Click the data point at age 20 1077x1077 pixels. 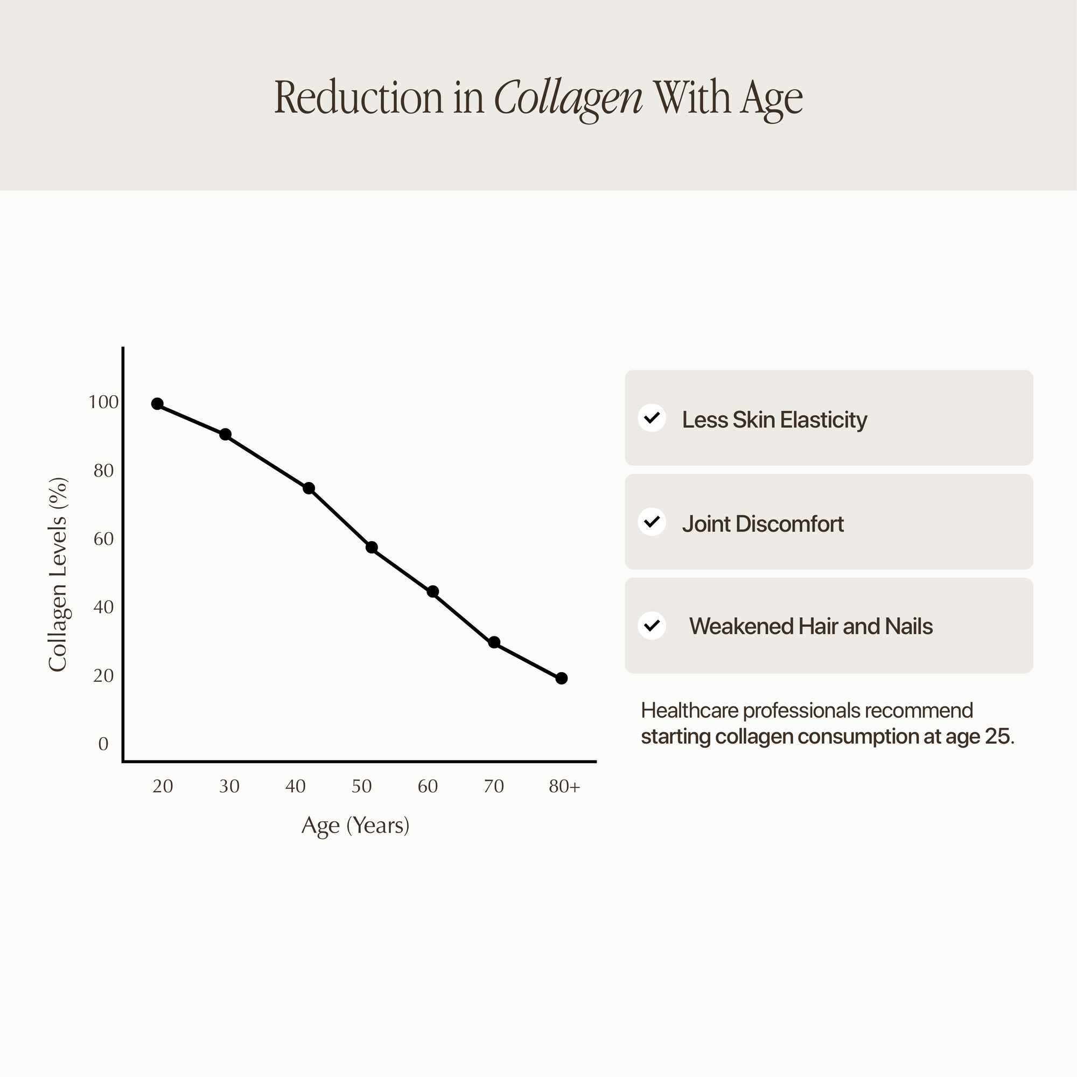click(x=157, y=403)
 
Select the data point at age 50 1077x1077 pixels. click(x=372, y=548)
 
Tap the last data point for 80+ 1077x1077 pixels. click(x=561, y=678)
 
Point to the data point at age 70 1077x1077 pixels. click(x=494, y=642)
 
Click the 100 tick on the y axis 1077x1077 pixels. click(x=104, y=402)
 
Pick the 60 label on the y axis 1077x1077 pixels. click(x=104, y=538)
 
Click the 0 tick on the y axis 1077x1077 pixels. click(x=103, y=744)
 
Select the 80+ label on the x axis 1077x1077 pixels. click(x=564, y=786)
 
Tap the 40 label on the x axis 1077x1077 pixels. click(x=296, y=786)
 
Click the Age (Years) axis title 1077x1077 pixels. click(x=355, y=825)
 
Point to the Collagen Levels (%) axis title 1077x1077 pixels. click(x=58, y=574)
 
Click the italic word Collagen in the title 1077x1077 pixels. click(x=568, y=98)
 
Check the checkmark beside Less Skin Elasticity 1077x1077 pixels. click(x=652, y=417)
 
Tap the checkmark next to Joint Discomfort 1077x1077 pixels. click(x=652, y=522)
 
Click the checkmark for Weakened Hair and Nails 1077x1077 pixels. click(x=652, y=625)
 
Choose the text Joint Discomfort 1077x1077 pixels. click(x=763, y=523)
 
